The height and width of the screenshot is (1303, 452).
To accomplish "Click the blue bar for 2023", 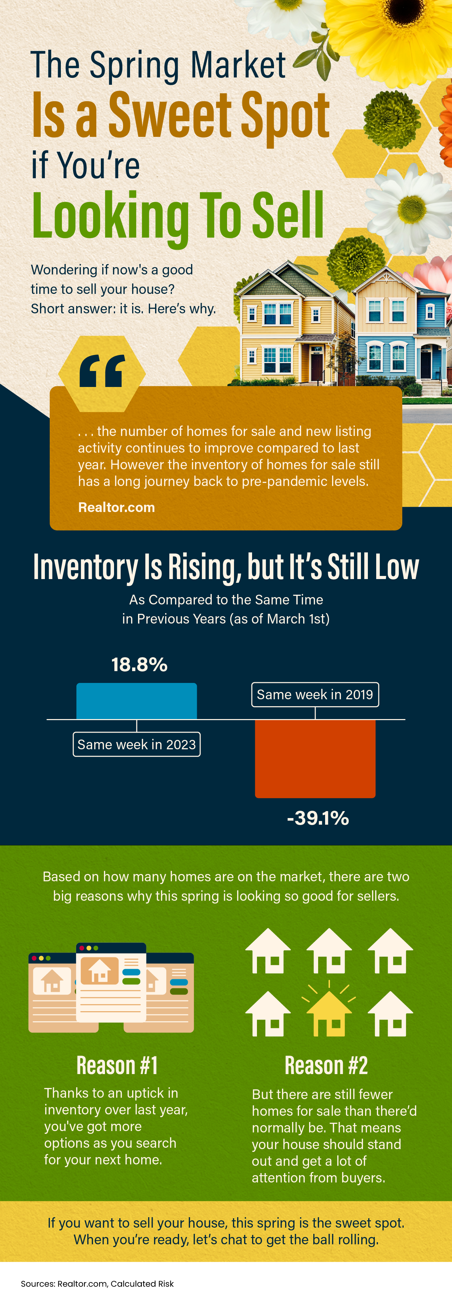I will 137,701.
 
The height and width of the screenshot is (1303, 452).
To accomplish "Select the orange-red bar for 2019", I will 315,758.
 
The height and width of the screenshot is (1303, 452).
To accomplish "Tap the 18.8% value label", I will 139,665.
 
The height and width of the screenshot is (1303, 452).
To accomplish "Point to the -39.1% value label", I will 318,818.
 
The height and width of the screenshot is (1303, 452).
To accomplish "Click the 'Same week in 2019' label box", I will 315,694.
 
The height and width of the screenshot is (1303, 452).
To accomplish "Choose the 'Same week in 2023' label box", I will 137,744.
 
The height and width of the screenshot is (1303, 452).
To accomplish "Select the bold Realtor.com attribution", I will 116,508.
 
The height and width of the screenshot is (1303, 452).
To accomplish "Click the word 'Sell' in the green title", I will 288,215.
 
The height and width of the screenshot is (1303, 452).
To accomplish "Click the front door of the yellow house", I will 317,367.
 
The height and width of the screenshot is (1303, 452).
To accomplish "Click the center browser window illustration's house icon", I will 100,970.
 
